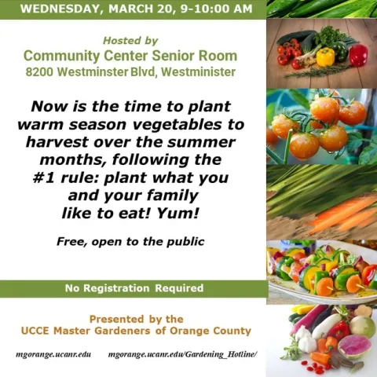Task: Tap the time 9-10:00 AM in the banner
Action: pos(213,9)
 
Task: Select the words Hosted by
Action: pos(130,40)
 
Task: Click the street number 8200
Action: pos(39,72)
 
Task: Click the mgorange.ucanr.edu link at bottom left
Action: pos(53,355)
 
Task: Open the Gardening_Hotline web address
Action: pos(182,355)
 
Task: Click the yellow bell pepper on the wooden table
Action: pos(324,57)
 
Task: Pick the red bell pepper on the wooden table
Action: pos(357,55)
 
